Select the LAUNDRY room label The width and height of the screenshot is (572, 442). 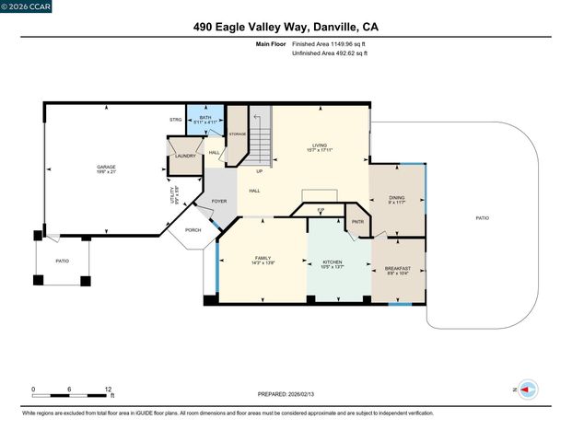coord(184,157)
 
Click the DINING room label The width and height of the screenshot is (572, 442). coord(396,197)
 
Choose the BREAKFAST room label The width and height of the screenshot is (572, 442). coord(398,270)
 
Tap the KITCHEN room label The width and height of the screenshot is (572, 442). coord(333,262)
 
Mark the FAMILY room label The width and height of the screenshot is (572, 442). coord(263,260)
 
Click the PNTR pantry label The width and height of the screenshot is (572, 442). coord(357,221)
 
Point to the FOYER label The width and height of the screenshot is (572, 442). coord(219,201)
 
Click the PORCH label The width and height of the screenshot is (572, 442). coord(193,230)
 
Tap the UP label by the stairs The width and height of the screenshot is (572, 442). coord(260,171)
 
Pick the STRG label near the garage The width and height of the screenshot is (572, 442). coord(175,120)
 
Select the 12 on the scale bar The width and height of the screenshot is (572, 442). coord(109,389)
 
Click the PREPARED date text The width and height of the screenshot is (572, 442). coord(286,394)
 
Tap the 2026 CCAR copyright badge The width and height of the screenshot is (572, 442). coord(27,6)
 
